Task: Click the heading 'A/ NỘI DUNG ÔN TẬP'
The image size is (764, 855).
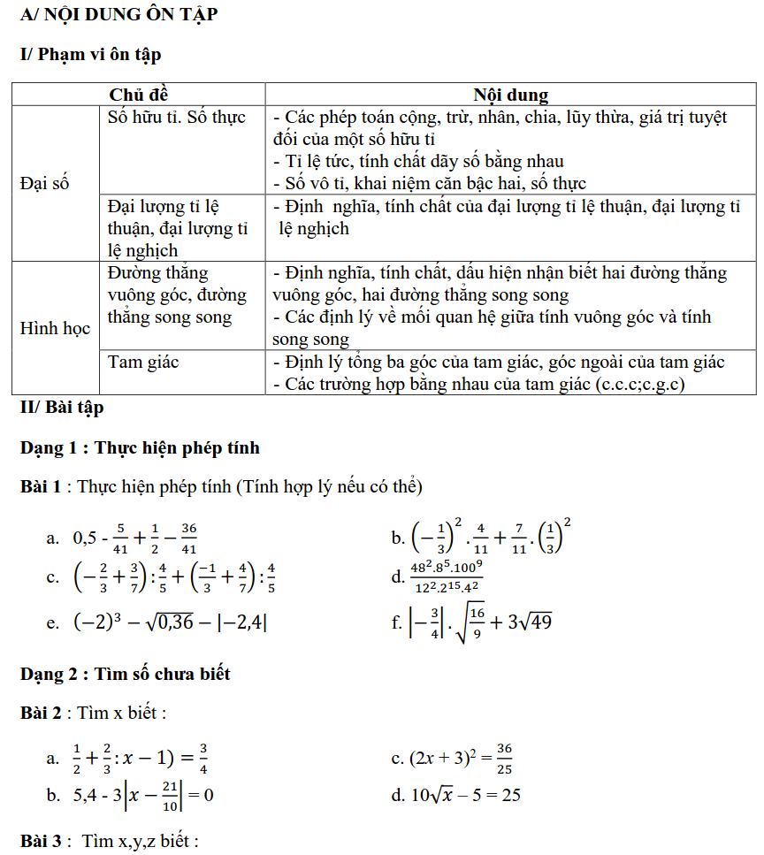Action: point(118,14)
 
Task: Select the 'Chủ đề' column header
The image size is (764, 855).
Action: point(138,95)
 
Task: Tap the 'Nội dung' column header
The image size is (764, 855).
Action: point(510,95)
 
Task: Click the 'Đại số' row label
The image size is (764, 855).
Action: point(44,184)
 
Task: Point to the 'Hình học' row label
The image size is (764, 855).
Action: point(55,328)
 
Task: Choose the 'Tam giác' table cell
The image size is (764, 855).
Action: point(143,362)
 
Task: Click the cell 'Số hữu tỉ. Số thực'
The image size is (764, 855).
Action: point(176,118)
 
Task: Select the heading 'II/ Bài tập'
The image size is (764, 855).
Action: point(62,408)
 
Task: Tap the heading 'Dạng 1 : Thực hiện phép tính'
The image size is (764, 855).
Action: point(140,448)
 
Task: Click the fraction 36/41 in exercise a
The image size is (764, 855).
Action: point(187,537)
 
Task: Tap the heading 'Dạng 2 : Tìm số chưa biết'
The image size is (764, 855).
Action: point(125,674)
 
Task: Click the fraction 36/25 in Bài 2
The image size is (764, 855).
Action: point(504,758)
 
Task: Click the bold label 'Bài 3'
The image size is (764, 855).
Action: point(41,842)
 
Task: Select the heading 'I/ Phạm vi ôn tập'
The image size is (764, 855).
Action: point(90,55)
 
